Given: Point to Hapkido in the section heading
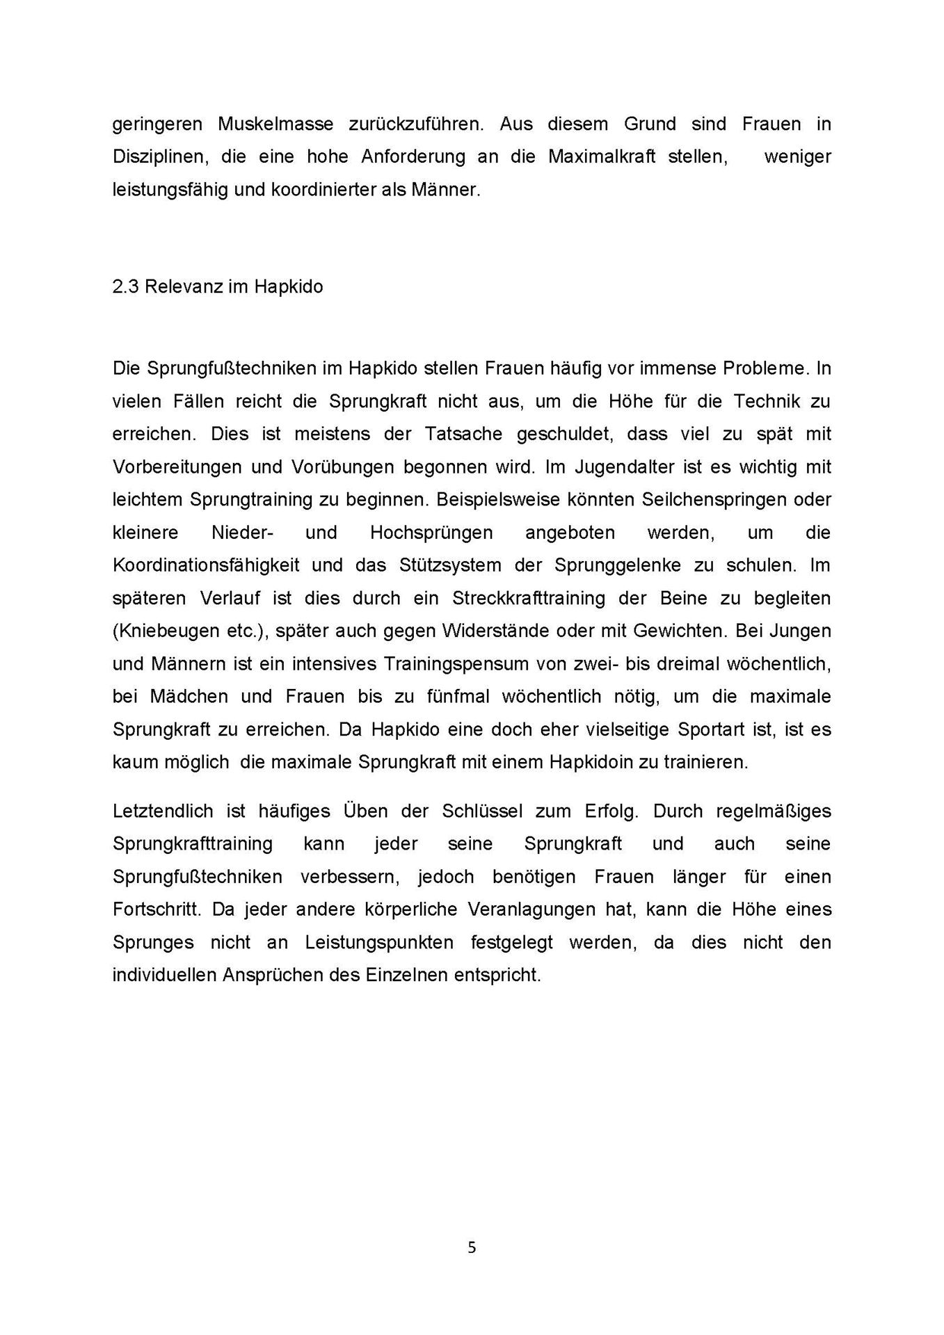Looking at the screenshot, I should pos(288,286).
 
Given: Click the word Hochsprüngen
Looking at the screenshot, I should pos(431,533).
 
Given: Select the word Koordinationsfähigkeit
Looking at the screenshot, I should pos(206,565).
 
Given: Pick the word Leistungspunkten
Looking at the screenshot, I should pos(379,942).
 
